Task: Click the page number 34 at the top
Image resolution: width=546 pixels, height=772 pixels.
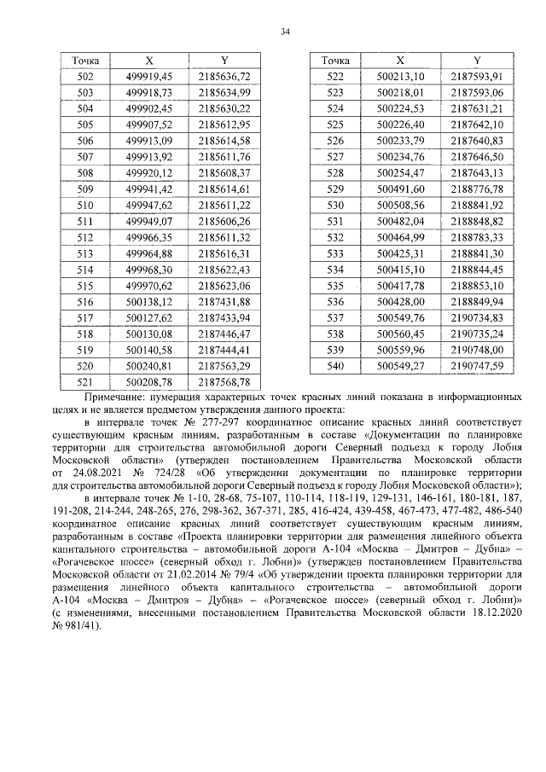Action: coord(285,32)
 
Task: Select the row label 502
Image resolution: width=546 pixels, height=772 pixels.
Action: coord(85,77)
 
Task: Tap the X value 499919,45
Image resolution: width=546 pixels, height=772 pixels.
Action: coord(148,77)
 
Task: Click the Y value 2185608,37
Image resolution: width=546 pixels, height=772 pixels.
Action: coord(224,172)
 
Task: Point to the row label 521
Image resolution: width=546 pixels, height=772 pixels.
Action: coord(85,382)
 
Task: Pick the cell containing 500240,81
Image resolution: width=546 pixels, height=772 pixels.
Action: coord(148,366)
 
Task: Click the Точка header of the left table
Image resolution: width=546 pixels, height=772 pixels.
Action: coord(85,61)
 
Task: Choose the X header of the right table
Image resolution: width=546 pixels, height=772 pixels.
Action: coord(400,61)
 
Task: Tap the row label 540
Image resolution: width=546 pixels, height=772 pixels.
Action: coord(335,366)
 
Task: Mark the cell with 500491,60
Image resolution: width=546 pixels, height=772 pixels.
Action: coord(400,189)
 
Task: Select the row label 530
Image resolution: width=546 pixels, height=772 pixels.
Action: coord(335,205)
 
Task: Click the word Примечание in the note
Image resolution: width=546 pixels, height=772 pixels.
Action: coord(119,398)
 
